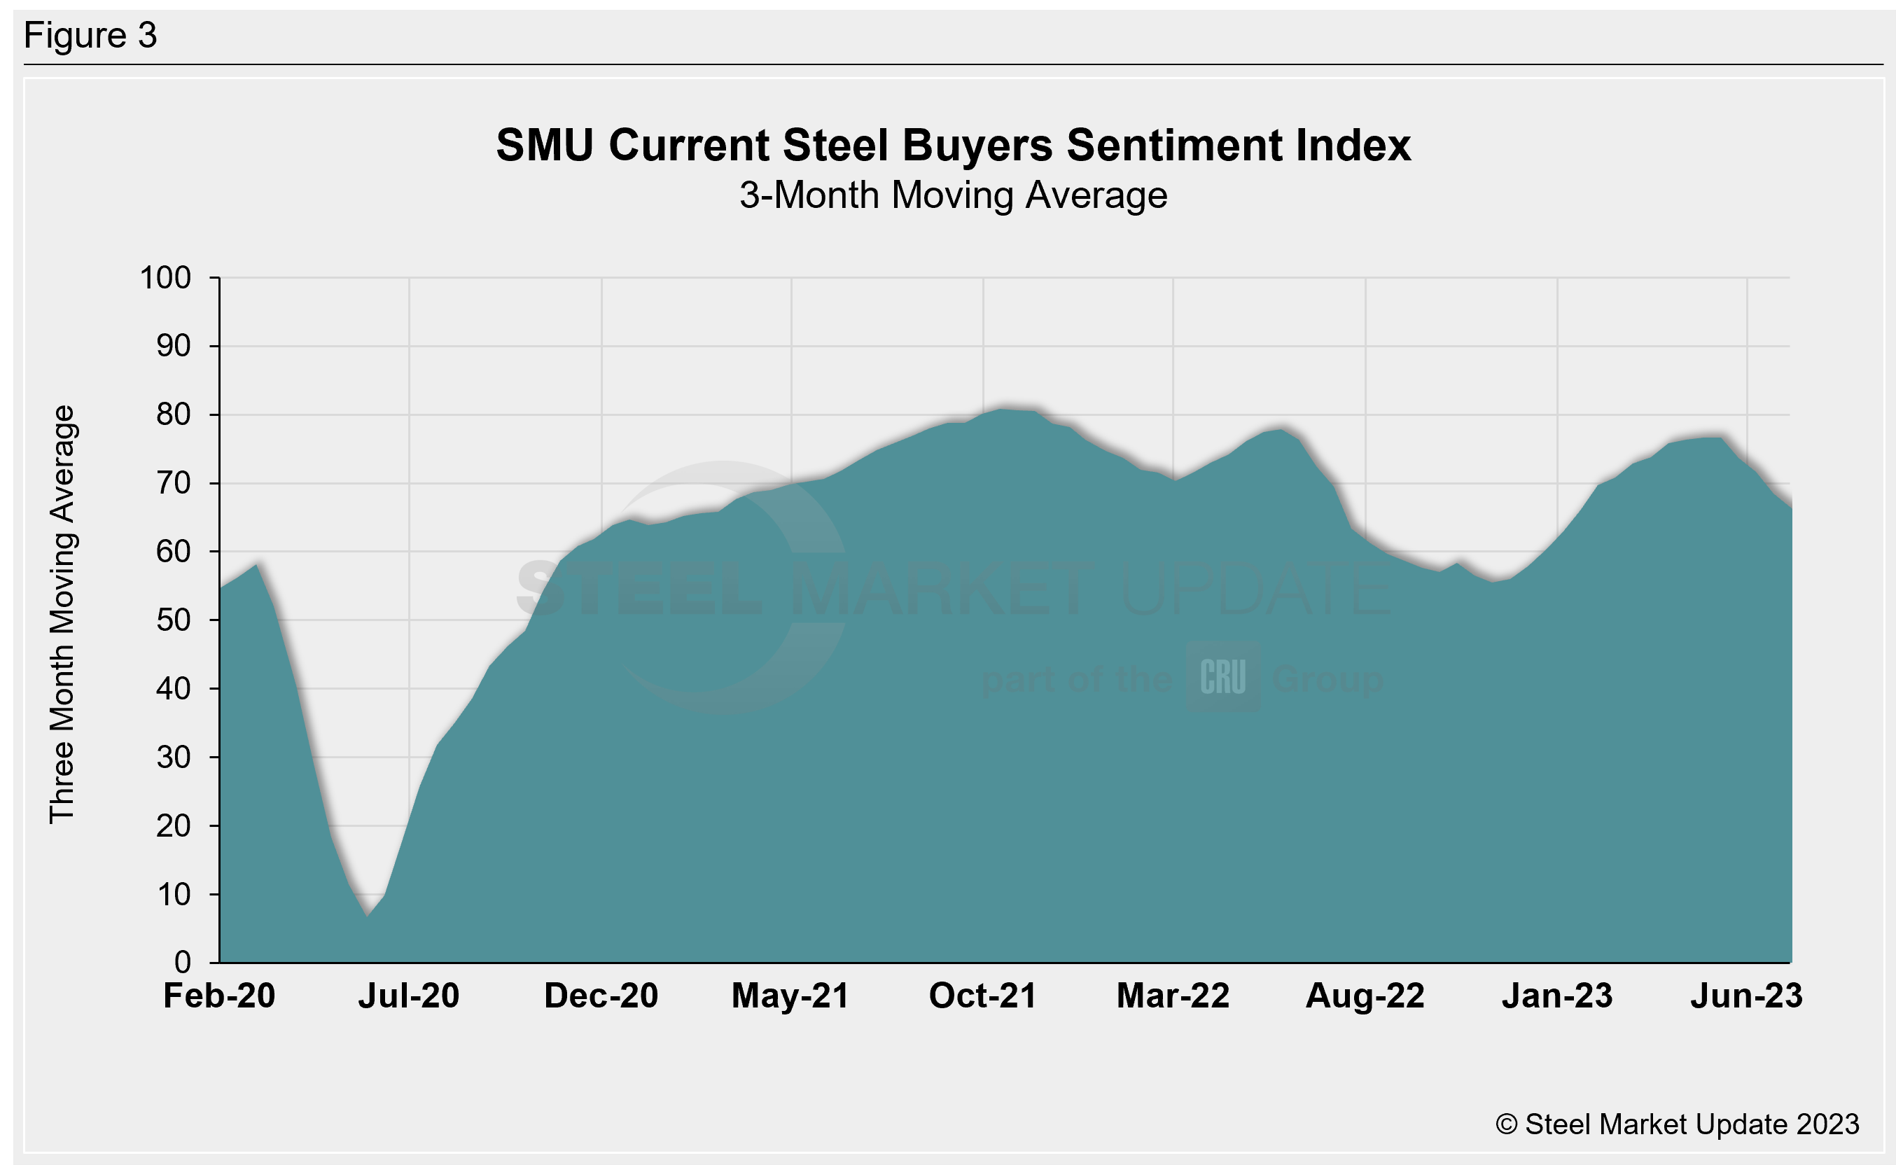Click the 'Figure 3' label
click(x=90, y=36)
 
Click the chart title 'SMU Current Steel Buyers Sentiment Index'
click(x=953, y=145)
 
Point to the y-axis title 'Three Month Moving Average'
click(x=62, y=614)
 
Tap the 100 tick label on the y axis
click(x=165, y=278)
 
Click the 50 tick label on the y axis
click(x=174, y=620)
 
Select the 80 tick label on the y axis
click(x=174, y=415)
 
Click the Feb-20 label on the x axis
click(x=219, y=996)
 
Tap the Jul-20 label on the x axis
click(x=408, y=996)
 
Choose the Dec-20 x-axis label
click(x=601, y=996)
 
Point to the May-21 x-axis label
click(x=790, y=996)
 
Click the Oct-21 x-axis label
click(x=982, y=996)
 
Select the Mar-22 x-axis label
click(x=1173, y=996)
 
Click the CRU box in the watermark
click(x=1222, y=677)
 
